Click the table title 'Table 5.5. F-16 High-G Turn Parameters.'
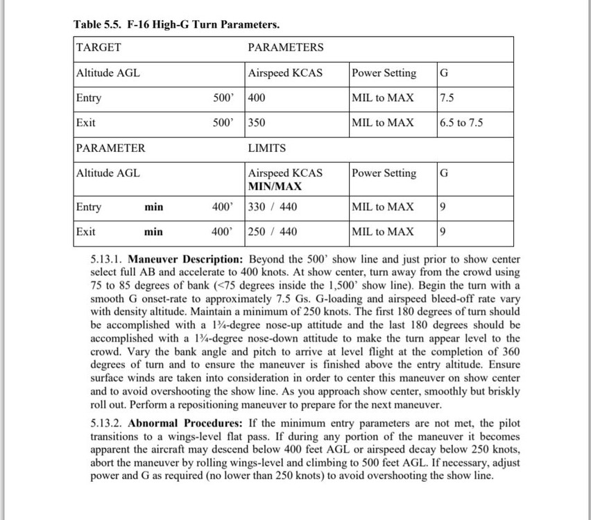tap(177, 25)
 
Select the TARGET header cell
tap(98, 48)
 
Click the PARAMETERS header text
tap(285, 48)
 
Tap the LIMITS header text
tap(266, 148)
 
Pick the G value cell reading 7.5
tap(447, 98)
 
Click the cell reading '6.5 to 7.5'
tap(461, 123)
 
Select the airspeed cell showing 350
tap(257, 123)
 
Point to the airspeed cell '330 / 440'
tap(273, 207)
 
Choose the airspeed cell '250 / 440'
tap(273, 232)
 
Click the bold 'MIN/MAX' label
tap(275, 187)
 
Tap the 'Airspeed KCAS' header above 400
tap(285, 73)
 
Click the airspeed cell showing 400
tap(257, 98)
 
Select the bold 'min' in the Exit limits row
tap(153, 232)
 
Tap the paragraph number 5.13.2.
tap(107, 423)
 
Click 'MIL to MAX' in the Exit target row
tap(383, 123)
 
